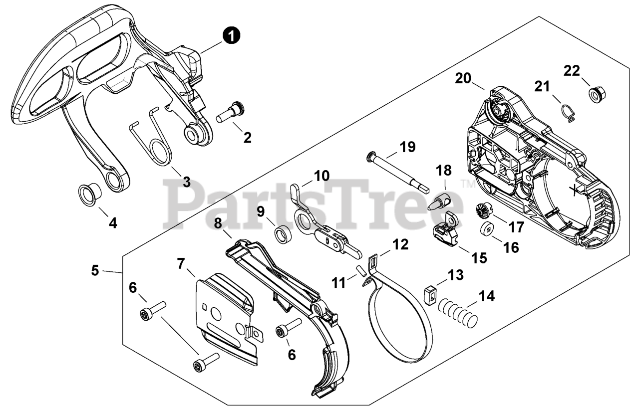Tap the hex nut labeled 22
(x=595, y=94)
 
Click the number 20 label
(x=463, y=78)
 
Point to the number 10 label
(x=321, y=176)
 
